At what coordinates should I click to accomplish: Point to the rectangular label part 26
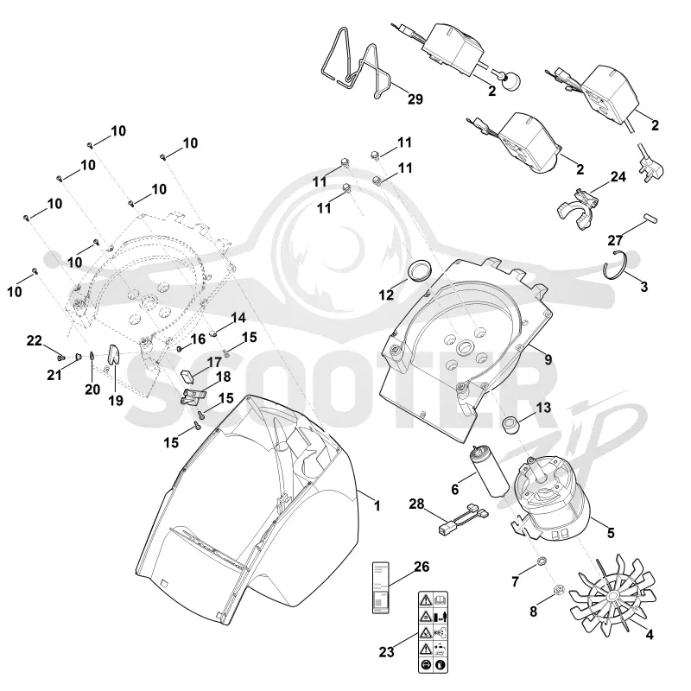[x=381, y=587]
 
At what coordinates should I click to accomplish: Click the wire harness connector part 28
[x=464, y=519]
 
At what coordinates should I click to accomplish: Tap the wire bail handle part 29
[x=357, y=67]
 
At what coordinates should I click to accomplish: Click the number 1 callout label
[x=377, y=505]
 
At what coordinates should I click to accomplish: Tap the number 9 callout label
[x=548, y=359]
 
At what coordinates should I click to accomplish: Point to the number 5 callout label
[x=611, y=532]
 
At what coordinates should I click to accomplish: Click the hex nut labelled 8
[x=558, y=589]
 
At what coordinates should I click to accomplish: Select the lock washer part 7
[x=539, y=561]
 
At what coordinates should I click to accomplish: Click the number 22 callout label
[x=34, y=340]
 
